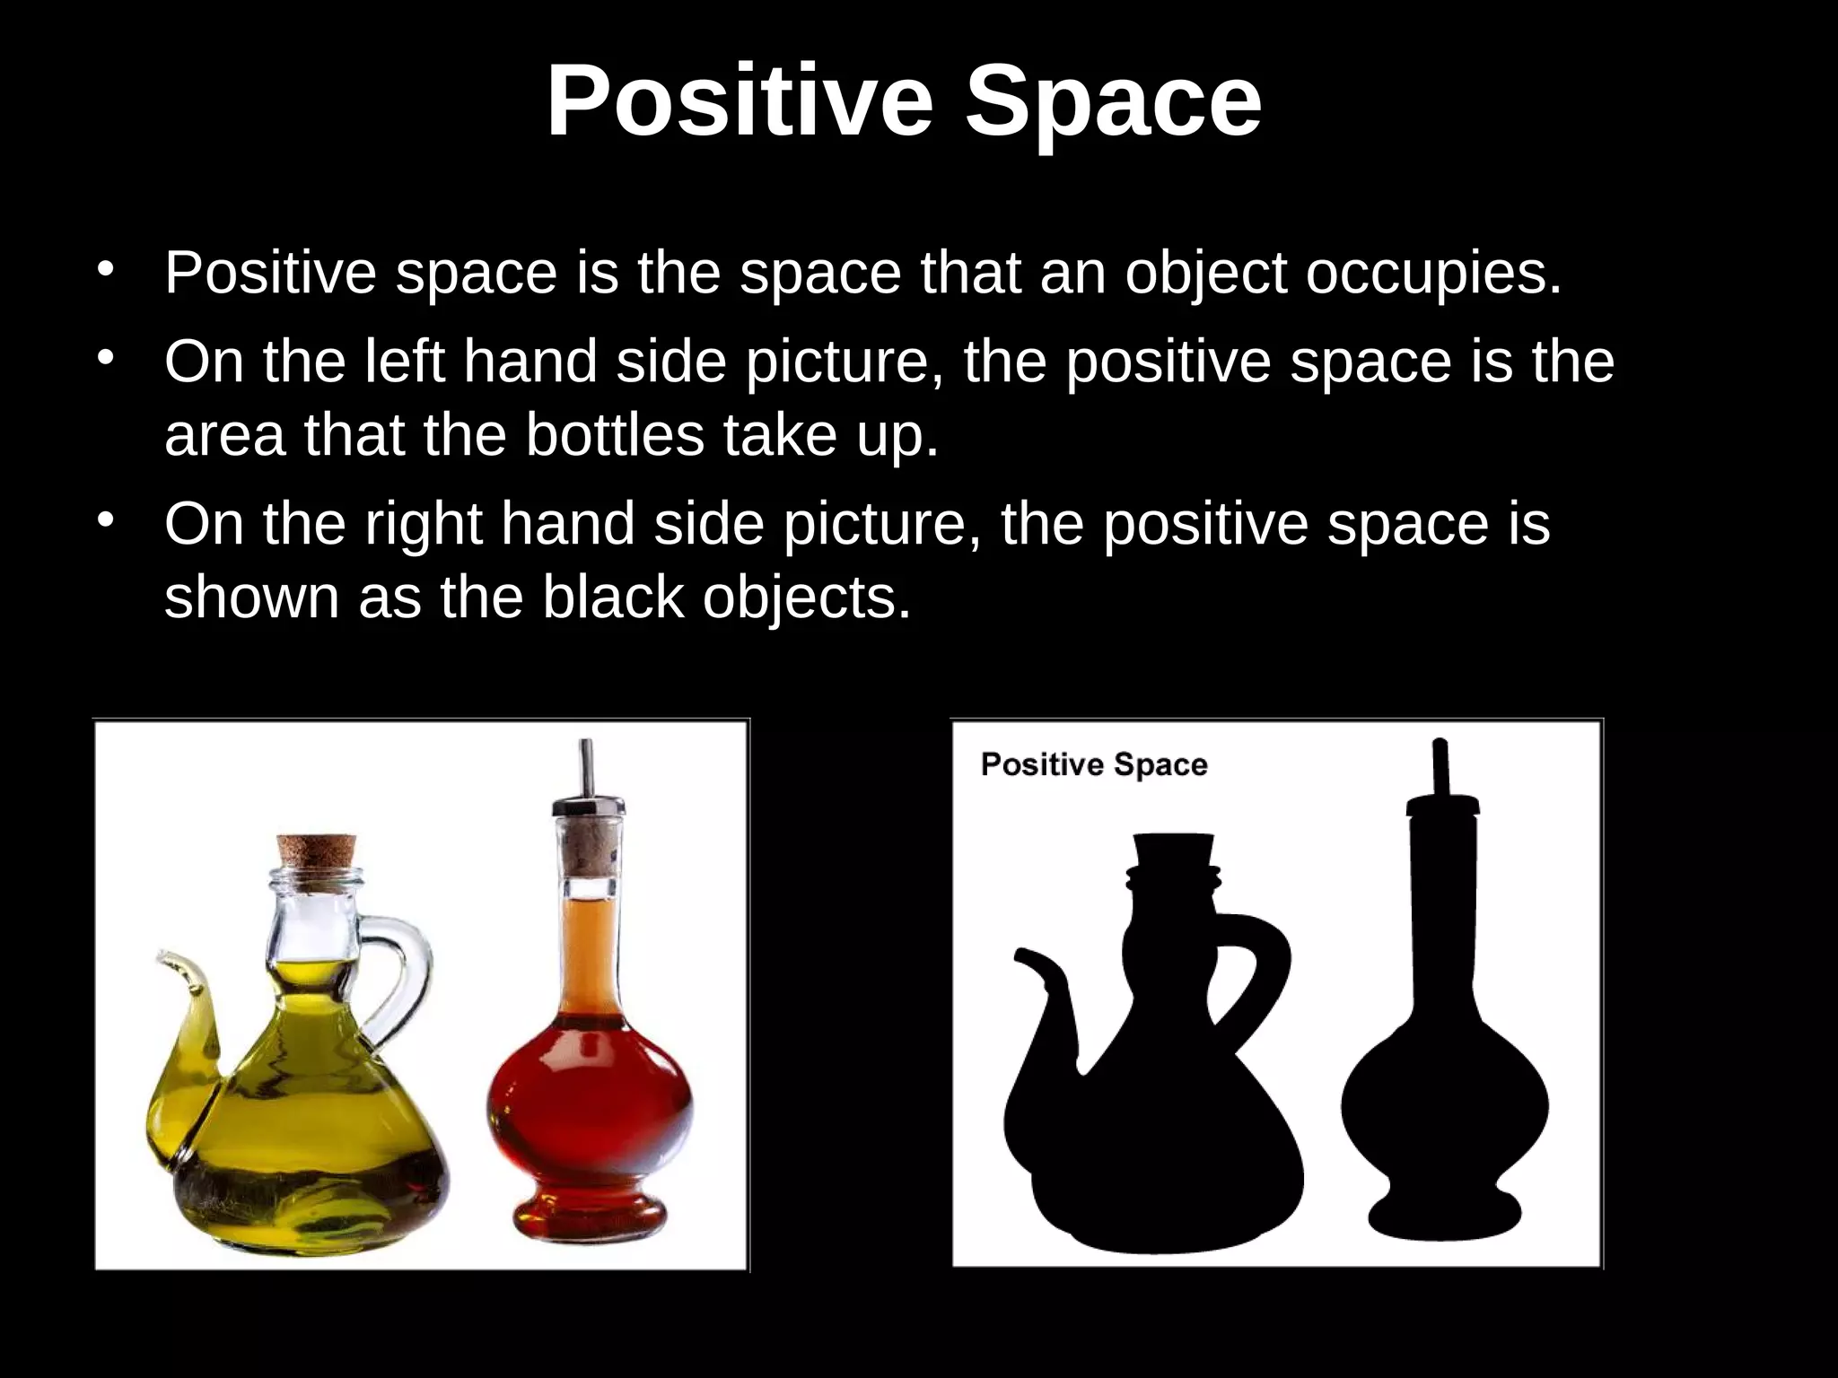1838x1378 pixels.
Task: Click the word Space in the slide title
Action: [x=1113, y=100]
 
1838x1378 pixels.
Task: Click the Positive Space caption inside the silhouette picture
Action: [x=1094, y=765]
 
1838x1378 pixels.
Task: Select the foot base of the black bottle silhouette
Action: [x=1444, y=1216]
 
